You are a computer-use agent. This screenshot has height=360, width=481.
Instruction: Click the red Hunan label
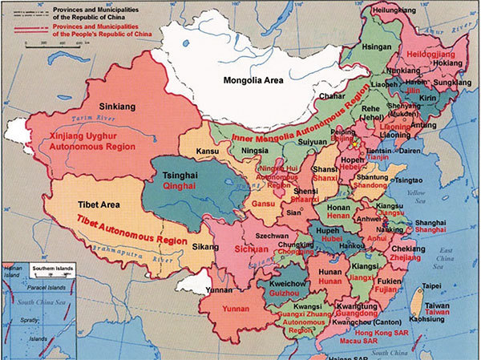329,282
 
